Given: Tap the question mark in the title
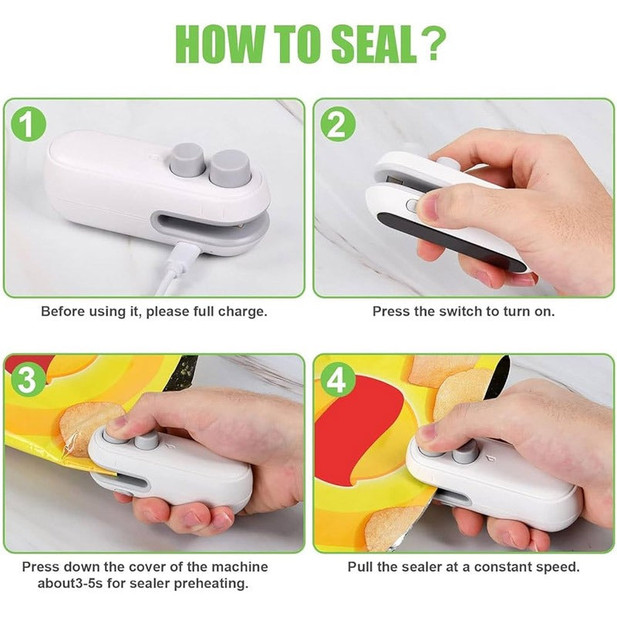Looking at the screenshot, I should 433,44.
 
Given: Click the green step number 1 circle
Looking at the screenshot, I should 29,125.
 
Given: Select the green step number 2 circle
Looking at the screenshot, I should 337,125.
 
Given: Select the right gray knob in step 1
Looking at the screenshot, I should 230,167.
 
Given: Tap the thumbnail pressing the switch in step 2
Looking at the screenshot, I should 429,206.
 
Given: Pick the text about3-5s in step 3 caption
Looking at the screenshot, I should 68,583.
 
